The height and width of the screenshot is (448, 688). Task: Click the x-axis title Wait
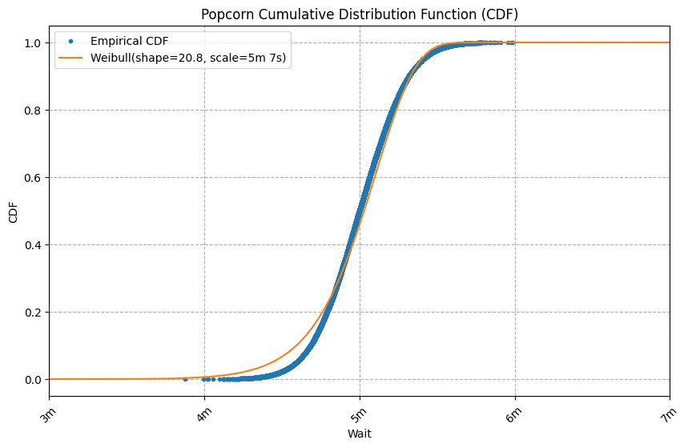click(x=360, y=434)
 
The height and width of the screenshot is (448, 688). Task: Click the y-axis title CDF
click(x=13, y=211)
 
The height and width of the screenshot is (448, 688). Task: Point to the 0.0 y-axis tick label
click(x=33, y=379)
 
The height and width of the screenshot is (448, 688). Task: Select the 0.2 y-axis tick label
click(x=33, y=312)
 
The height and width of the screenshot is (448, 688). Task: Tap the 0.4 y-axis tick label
click(x=33, y=244)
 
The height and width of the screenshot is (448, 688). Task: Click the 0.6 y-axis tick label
click(x=33, y=177)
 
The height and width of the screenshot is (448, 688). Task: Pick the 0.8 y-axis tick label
click(x=33, y=110)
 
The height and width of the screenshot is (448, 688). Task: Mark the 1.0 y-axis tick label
click(x=33, y=42)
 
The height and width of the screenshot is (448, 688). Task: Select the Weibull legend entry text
click(x=189, y=59)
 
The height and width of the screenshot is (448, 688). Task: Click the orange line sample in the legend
click(x=71, y=59)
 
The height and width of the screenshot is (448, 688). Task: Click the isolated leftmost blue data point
click(x=185, y=379)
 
